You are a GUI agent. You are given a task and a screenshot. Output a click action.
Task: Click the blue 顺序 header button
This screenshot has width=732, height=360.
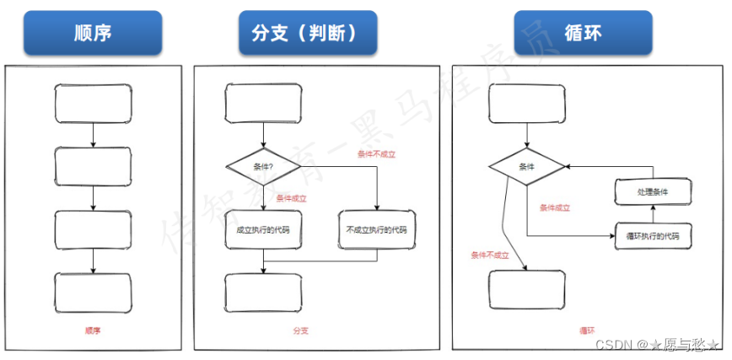point(93,33)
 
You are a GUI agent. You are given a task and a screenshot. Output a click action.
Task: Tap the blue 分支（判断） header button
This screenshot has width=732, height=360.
point(308,33)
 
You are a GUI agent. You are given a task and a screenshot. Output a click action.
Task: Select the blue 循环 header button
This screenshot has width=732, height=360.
point(583,33)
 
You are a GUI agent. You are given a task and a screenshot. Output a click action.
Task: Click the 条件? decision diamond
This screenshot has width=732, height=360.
point(263,166)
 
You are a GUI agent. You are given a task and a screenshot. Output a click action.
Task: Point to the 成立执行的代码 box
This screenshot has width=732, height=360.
point(263,230)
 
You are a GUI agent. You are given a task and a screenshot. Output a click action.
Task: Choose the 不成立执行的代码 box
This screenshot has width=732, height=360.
point(376,230)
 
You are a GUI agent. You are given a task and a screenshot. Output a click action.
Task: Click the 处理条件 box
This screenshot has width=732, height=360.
point(653,192)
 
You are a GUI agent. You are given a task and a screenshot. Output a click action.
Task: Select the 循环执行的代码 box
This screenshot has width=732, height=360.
point(653,236)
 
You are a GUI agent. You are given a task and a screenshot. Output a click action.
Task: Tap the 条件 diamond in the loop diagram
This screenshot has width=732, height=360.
point(526,166)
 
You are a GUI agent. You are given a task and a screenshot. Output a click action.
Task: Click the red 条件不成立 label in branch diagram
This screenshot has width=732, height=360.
point(376,154)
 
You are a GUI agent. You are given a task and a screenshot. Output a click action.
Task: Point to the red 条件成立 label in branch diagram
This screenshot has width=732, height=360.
point(291,199)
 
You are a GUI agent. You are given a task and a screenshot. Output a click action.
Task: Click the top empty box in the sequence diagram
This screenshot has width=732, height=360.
point(93,103)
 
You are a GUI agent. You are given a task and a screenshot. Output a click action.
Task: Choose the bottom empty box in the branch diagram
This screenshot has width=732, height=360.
point(263,293)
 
